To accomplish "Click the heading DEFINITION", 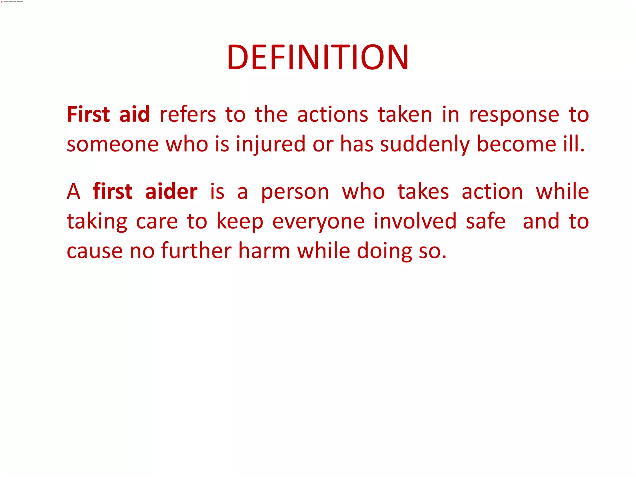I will (x=318, y=57).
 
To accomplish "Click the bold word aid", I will (x=134, y=114).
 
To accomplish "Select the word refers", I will (x=188, y=114).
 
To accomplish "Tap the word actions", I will (x=333, y=114).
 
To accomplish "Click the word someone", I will (x=112, y=144).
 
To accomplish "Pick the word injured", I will (x=270, y=144).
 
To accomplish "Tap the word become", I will (x=516, y=144).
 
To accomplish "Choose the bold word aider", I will (x=171, y=191).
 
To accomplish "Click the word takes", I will (x=423, y=191).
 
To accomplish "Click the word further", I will (x=196, y=251).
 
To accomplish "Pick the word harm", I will (x=264, y=251).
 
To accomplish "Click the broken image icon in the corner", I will (x=2, y=2).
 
